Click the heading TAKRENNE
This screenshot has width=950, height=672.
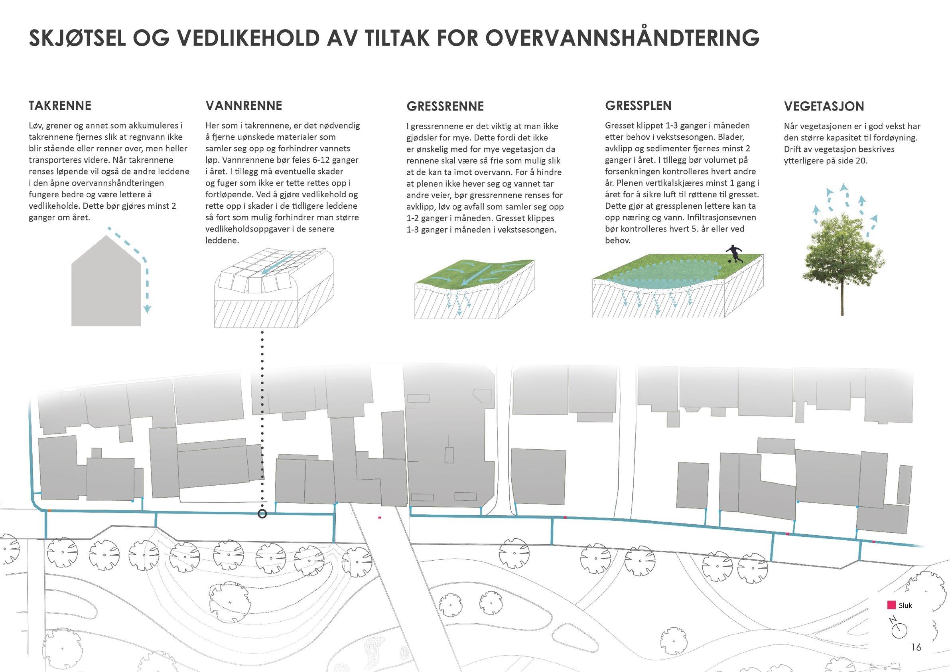pyautogui.click(x=59, y=106)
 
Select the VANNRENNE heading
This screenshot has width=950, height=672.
pyautogui.click(x=244, y=106)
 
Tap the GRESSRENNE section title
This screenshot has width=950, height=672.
pyautogui.click(x=445, y=107)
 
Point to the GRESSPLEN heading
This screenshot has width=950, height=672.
pyautogui.click(x=638, y=106)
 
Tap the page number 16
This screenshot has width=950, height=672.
pyautogui.click(x=916, y=647)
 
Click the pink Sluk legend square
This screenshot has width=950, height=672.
pyautogui.click(x=892, y=605)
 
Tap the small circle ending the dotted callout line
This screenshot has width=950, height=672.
pyautogui.click(x=262, y=514)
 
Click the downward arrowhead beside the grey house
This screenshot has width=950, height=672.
pyautogui.click(x=147, y=308)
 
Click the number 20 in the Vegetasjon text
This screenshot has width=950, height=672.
pyautogui.click(x=861, y=161)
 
